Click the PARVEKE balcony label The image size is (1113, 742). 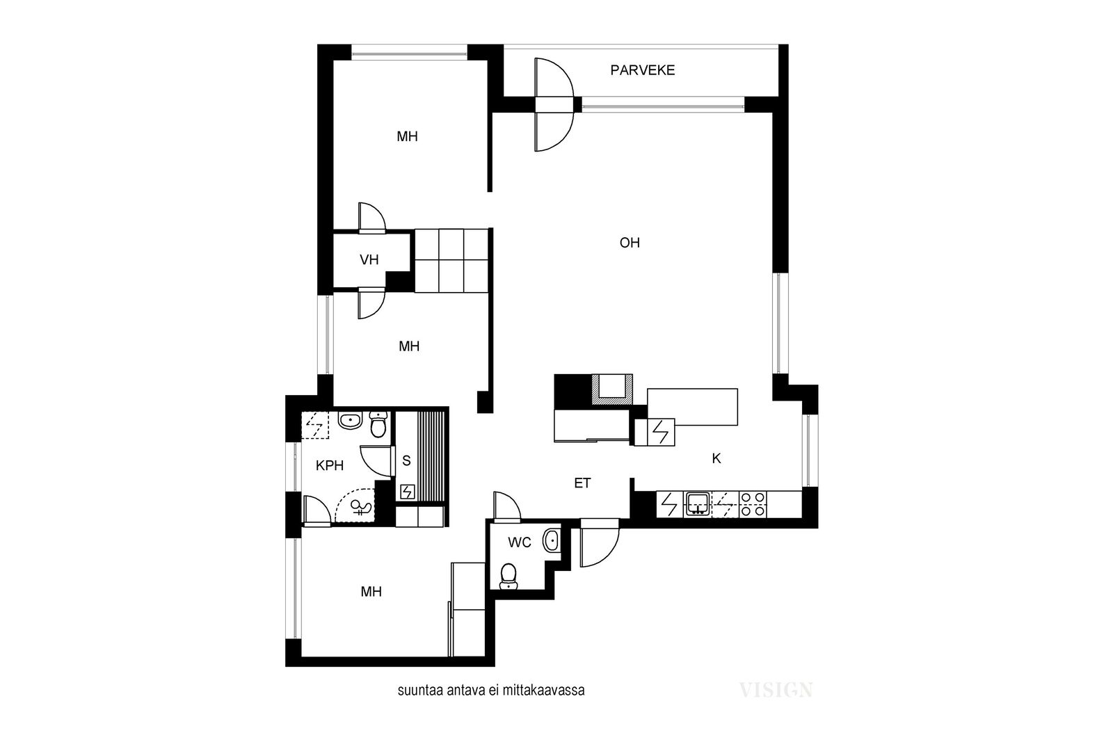(643, 70)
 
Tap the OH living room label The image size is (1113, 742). (630, 243)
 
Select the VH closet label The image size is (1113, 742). (369, 260)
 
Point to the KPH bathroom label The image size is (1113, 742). (330, 466)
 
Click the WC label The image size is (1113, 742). (519, 543)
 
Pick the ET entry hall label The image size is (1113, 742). (582, 483)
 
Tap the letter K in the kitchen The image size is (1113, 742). (716, 459)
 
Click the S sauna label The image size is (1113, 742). (406, 461)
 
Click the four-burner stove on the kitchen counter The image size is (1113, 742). (753, 504)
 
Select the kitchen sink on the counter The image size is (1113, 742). (697, 504)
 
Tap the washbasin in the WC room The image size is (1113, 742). (552, 540)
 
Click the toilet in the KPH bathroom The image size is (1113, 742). (378, 424)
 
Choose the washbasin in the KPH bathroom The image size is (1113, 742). (350, 421)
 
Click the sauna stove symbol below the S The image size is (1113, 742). (408, 492)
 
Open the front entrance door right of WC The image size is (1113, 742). (600, 542)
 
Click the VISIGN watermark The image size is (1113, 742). (776, 690)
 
